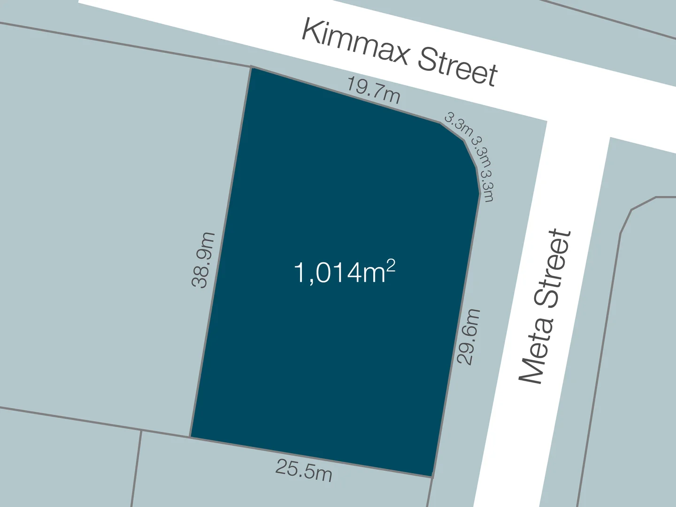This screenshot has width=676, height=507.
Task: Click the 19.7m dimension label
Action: click(x=374, y=90)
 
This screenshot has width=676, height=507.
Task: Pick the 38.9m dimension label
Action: click(x=203, y=260)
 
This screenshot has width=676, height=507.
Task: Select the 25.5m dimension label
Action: click(x=304, y=470)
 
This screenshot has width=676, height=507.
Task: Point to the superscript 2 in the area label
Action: click(x=391, y=266)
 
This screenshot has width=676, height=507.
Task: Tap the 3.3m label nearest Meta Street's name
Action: click(x=488, y=186)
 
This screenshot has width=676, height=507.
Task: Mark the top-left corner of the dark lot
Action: click(x=251, y=68)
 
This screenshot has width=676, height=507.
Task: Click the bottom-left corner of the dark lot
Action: click(x=191, y=437)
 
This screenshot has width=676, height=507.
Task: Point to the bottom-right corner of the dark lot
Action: click(x=432, y=476)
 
